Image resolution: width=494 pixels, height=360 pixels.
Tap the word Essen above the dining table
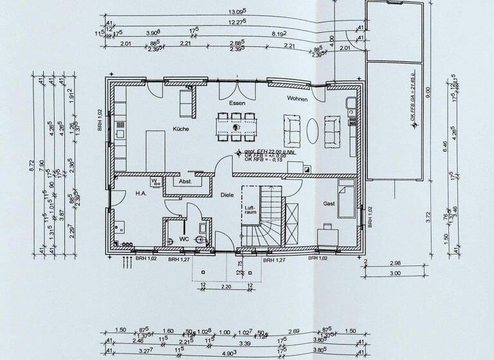[237, 104]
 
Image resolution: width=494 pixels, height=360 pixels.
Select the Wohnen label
[297, 100]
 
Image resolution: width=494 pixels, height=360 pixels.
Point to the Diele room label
[226, 194]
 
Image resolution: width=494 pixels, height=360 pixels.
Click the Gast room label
[329, 204]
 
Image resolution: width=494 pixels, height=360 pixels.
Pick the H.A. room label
[142, 193]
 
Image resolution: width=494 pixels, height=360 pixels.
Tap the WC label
[183, 239]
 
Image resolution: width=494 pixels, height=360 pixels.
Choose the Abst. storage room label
[185, 182]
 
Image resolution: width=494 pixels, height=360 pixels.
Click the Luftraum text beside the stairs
[250, 210]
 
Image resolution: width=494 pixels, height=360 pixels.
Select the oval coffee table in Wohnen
[312, 130]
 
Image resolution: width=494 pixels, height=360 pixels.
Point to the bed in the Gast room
[347, 199]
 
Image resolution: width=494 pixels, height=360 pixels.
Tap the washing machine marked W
[155, 183]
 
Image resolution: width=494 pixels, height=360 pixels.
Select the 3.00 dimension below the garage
[395, 273]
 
